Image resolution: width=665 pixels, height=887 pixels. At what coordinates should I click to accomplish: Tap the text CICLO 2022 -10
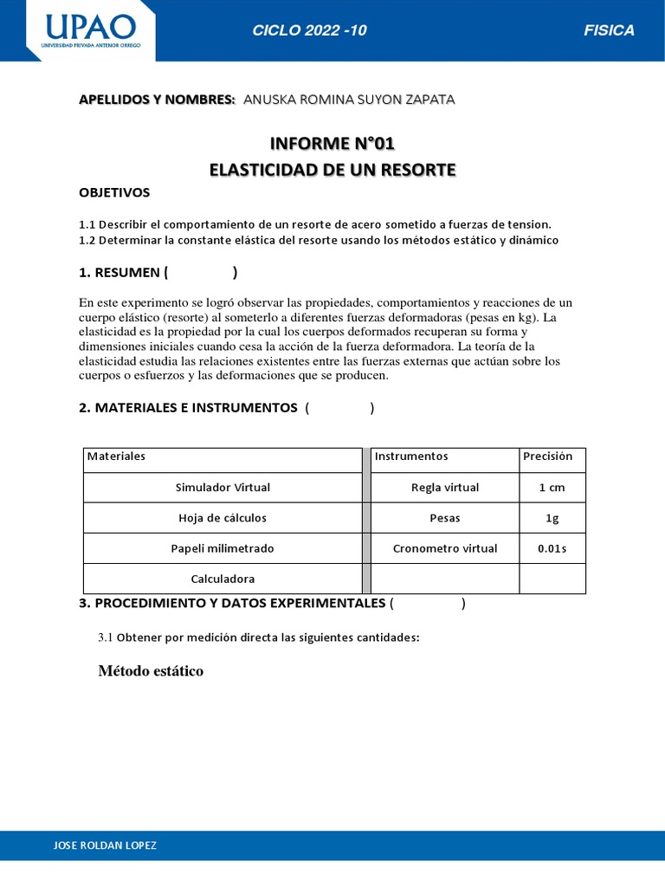point(309,31)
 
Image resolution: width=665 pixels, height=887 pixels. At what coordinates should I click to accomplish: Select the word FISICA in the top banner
point(609,31)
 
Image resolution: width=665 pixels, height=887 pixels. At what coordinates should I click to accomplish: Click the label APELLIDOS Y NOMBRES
point(157,100)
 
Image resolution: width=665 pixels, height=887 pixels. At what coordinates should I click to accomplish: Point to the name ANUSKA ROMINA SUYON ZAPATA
point(349,100)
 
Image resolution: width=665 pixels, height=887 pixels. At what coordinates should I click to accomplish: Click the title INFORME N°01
point(332,144)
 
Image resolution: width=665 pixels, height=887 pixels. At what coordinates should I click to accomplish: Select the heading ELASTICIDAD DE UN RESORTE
point(332,170)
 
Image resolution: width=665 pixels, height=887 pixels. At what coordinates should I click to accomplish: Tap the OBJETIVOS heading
point(114,192)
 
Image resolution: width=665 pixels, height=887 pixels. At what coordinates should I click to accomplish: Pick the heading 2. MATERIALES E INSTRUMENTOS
point(188,408)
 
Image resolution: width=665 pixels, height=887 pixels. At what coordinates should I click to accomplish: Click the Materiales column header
point(116,456)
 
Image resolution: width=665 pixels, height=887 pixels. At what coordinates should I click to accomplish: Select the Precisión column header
point(547,456)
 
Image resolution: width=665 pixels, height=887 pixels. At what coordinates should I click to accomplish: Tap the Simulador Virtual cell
point(223,488)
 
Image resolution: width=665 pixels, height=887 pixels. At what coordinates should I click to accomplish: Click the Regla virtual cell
point(444,488)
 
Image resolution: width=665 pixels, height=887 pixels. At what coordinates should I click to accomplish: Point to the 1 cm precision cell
point(552,488)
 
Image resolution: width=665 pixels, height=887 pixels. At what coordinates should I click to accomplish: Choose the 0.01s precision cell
point(552,548)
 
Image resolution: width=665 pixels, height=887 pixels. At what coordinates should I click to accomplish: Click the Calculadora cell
point(223,579)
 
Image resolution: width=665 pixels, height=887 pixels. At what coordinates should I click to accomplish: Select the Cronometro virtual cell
point(444,548)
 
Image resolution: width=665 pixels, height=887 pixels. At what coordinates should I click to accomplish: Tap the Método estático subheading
point(151,671)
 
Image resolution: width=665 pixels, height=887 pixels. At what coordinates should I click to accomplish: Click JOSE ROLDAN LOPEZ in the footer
point(106,845)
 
